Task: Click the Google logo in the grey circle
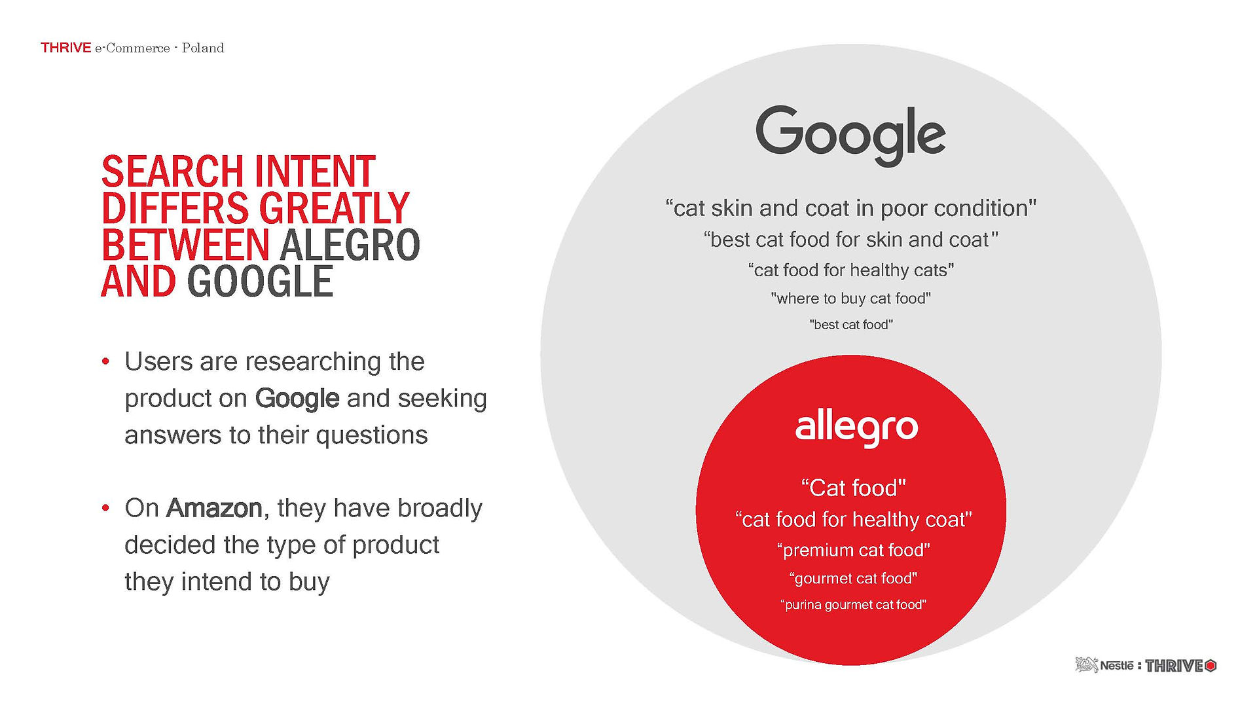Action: point(850,136)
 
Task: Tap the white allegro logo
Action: point(856,428)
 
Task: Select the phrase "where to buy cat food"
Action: point(851,299)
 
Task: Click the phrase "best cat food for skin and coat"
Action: point(851,240)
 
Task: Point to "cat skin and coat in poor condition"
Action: point(851,208)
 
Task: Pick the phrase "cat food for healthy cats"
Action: point(851,270)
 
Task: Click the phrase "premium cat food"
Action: point(854,550)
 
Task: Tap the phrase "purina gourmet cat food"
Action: point(854,604)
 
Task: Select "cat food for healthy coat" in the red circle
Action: point(854,519)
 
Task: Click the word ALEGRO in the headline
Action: point(350,245)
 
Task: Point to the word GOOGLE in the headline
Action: point(260,281)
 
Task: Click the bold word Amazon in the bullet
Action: point(214,508)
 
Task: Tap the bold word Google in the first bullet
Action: point(297,398)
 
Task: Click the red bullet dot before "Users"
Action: point(105,361)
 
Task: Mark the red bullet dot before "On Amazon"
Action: point(105,508)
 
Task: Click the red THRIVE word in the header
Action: point(65,48)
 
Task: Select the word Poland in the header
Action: point(203,48)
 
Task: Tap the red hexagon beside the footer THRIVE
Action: point(1211,666)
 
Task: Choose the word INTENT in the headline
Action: point(315,172)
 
